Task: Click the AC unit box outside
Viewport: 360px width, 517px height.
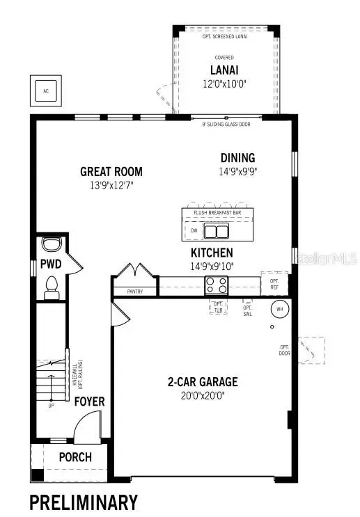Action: click(x=46, y=90)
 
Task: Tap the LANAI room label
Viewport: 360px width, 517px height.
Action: click(x=225, y=70)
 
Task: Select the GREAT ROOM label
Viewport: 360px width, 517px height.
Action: click(x=111, y=171)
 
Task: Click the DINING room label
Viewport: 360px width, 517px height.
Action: click(x=238, y=157)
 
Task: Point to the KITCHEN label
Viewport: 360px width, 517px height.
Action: click(x=212, y=253)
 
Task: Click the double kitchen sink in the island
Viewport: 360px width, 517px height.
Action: click(x=216, y=230)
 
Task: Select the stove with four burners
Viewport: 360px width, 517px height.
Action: click(x=216, y=284)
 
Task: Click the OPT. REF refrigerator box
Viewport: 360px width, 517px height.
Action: click(x=274, y=283)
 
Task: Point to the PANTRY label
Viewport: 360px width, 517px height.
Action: click(x=134, y=291)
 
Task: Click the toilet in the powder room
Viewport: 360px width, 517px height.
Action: click(x=52, y=287)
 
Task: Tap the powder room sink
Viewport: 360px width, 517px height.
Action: click(x=51, y=245)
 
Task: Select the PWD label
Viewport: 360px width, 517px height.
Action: click(x=51, y=264)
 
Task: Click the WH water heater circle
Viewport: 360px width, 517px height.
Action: click(x=280, y=308)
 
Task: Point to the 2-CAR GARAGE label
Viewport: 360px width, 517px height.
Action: click(x=202, y=381)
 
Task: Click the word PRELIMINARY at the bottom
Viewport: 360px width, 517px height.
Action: click(x=83, y=501)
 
